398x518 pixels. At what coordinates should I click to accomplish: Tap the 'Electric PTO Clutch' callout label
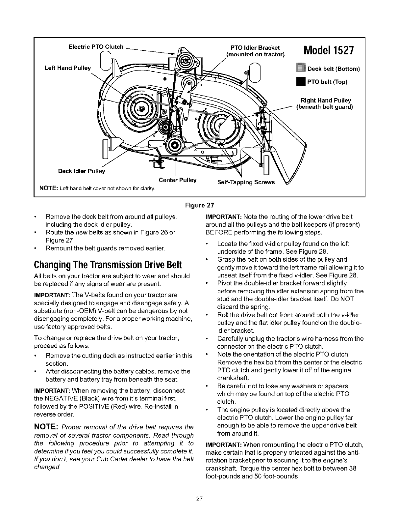pos(95,47)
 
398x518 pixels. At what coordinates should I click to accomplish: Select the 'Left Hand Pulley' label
pos(67,68)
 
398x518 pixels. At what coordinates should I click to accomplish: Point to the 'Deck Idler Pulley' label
pos(81,171)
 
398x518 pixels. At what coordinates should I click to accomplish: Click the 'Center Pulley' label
pos(178,180)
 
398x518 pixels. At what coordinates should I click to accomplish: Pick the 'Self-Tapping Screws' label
pos(246,182)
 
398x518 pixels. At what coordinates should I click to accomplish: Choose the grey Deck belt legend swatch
pos(301,69)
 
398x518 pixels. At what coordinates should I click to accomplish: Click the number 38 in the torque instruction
pos(353,469)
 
